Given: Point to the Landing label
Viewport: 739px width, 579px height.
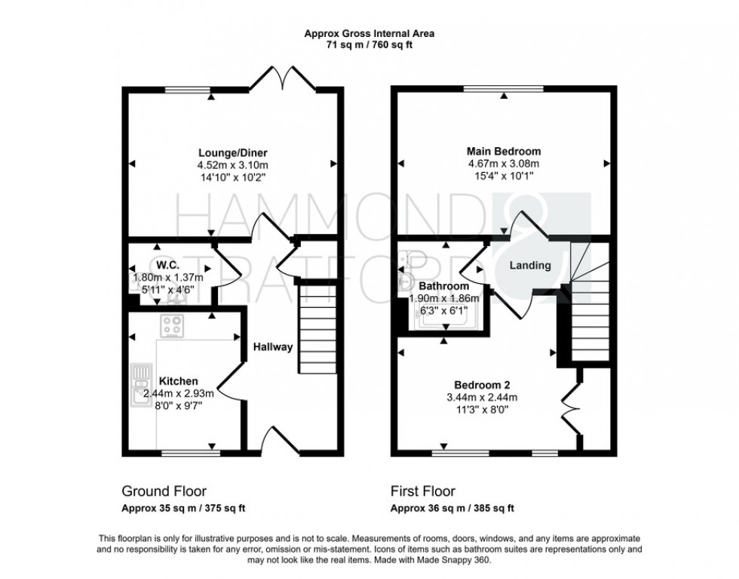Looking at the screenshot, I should (530, 266).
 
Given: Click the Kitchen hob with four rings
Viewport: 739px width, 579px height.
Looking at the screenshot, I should (172, 326).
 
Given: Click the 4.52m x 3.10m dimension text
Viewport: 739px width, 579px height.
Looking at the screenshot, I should (232, 164).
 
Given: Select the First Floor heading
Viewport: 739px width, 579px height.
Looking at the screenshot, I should (423, 491).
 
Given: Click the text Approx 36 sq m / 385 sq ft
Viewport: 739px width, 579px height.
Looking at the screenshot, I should (452, 508).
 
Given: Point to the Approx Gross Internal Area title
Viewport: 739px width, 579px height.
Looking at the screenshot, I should (369, 33).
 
